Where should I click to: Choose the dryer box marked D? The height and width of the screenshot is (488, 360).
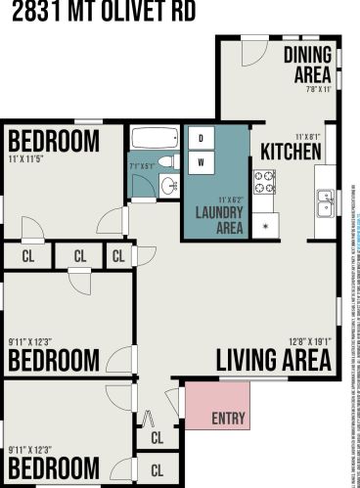[x=201, y=138]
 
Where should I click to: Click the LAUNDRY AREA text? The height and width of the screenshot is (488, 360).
[x=219, y=221]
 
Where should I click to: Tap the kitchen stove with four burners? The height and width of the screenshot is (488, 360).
[x=264, y=181]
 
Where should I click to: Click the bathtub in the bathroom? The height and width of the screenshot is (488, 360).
[x=152, y=138]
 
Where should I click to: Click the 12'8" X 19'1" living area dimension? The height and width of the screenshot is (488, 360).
[x=310, y=341]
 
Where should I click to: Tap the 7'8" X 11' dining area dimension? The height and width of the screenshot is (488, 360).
[x=319, y=88]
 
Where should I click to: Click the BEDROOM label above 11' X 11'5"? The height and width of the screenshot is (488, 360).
[x=53, y=141]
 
